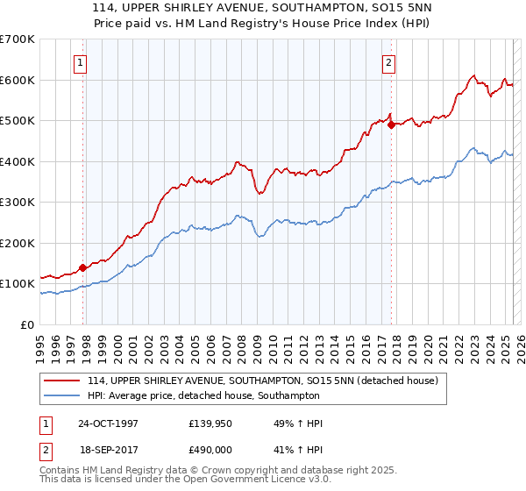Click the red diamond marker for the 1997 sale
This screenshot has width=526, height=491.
click(83, 267)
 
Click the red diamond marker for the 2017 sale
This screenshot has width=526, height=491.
click(391, 124)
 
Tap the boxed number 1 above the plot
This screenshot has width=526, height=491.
click(81, 62)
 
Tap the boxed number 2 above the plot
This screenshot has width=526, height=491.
click(387, 62)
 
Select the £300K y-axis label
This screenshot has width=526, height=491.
click(18, 202)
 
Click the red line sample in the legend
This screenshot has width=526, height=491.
click(61, 381)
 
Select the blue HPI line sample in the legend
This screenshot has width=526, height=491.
click(61, 395)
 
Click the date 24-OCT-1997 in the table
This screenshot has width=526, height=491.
click(108, 424)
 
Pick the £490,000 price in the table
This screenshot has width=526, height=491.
click(211, 449)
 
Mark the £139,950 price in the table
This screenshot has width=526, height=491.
click(211, 424)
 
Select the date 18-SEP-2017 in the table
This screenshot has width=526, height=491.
click(108, 449)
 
